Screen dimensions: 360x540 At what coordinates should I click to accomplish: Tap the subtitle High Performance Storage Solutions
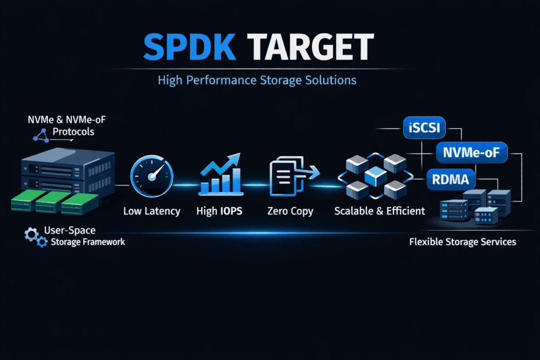tap(257, 81)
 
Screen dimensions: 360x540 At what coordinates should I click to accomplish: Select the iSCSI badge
tap(424, 129)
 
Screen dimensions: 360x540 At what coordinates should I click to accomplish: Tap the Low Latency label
tap(152, 211)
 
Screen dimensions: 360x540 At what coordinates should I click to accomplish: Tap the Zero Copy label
tap(290, 211)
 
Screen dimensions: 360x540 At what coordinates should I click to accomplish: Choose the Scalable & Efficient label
tap(380, 211)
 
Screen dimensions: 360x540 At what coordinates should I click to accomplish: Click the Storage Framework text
tap(88, 242)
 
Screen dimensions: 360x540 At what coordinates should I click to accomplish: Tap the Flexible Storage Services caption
tap(462, 242)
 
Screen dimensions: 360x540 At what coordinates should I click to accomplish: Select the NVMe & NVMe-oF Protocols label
tap(68, 125)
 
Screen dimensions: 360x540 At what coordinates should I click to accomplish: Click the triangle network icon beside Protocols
tap(41, 135)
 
